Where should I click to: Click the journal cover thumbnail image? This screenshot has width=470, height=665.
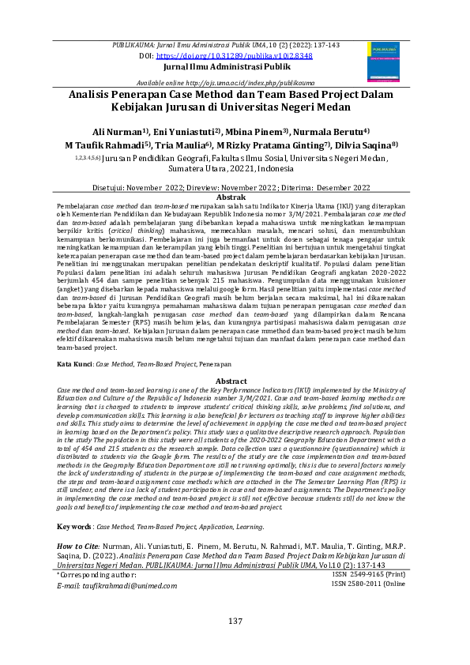pos(384,61)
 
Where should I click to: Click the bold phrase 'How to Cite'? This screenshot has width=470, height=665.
pos(77,524)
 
